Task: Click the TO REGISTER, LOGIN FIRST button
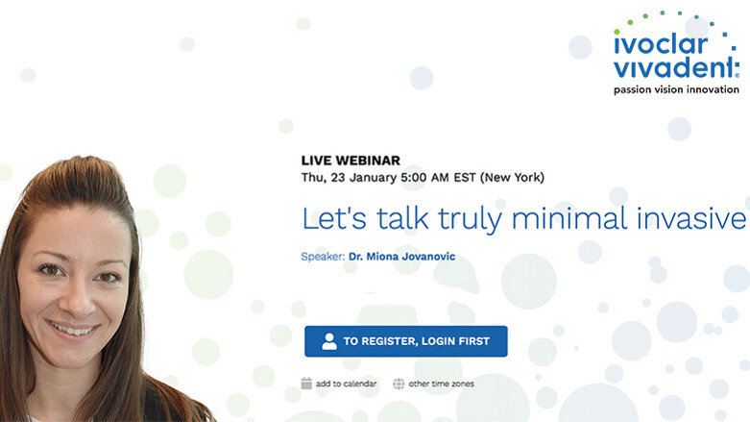tap(405, 341)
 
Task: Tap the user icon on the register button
tap(329, 341)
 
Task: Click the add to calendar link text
tap(346, 384)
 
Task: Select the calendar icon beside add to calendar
tap(306, 384)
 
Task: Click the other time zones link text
tap(441, 384)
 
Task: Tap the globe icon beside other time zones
tap(399, 384)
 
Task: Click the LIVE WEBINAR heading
tap(351, 161)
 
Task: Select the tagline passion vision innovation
tap(676, 89)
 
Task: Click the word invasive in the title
tap(692, 218)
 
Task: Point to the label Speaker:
tap(324, 256)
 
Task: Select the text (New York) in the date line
tap(512, 177)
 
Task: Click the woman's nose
tap(80, 296)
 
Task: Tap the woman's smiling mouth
tap(76, 330)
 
